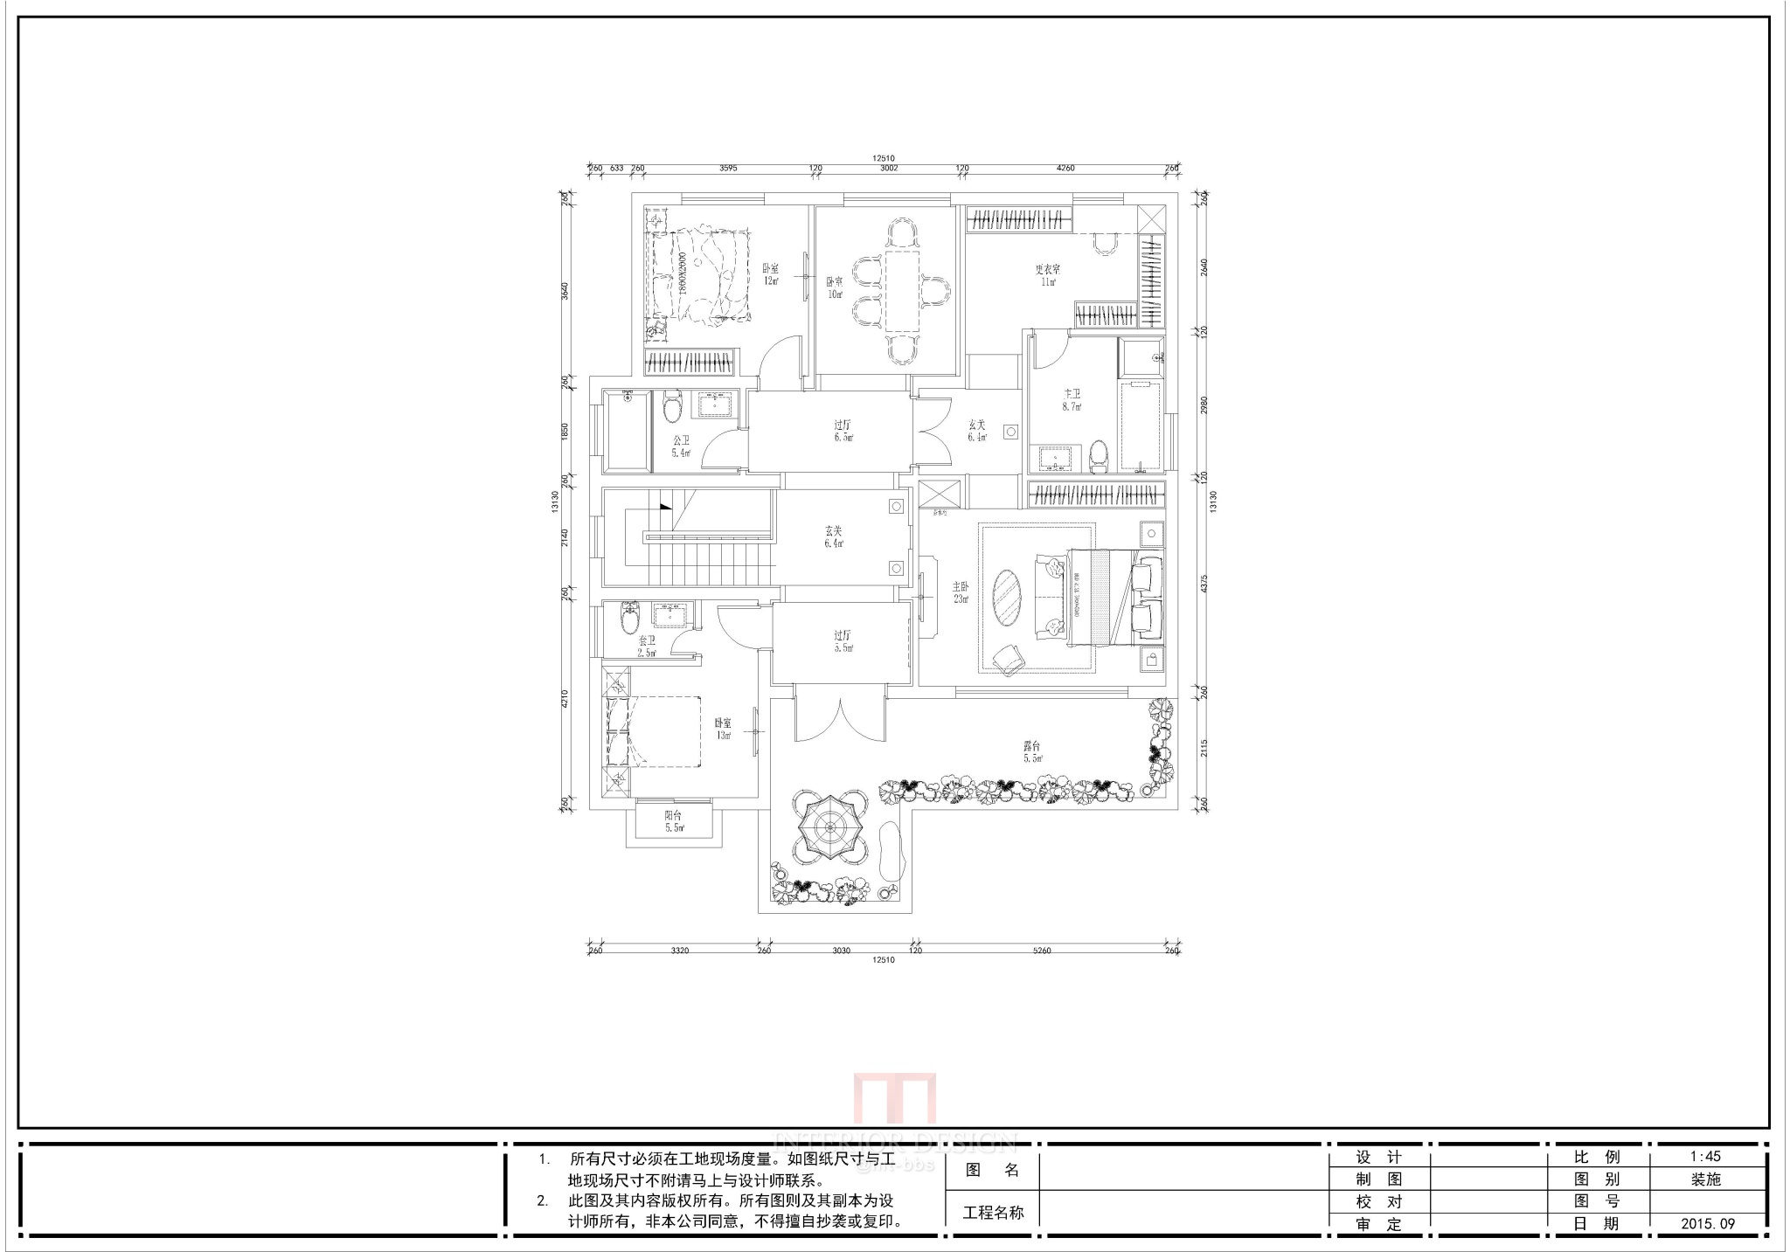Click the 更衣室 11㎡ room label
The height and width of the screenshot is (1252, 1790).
(x=1047, y=275)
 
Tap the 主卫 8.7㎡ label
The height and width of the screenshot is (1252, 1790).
(x=1072, y=400)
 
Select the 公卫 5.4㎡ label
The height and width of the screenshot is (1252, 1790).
(x=681, y=446)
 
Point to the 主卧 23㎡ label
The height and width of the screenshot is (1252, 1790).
(x=961, y=592)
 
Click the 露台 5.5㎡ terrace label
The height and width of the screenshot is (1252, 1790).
(x=1032, y=751)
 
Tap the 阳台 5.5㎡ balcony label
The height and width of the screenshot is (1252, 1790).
(x=673, y=821)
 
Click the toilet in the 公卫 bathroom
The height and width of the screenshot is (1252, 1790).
(x=671, y=406)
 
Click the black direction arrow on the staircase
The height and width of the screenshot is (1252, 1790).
(x=665, y=506)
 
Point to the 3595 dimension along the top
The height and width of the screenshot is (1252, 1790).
(x=727, y=169)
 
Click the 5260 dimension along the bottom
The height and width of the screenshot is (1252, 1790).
(x=1041, y=951)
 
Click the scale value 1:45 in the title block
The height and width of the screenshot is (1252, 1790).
(x=1705, y=1157)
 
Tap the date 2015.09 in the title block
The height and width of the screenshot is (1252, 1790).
(x=1707, y=1224)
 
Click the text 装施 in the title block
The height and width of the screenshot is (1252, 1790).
(x=1705, y=1179)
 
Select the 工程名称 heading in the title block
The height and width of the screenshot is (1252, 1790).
(x=993, y=1213)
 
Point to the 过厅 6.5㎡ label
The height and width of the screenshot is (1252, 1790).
(x=843, y=432)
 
